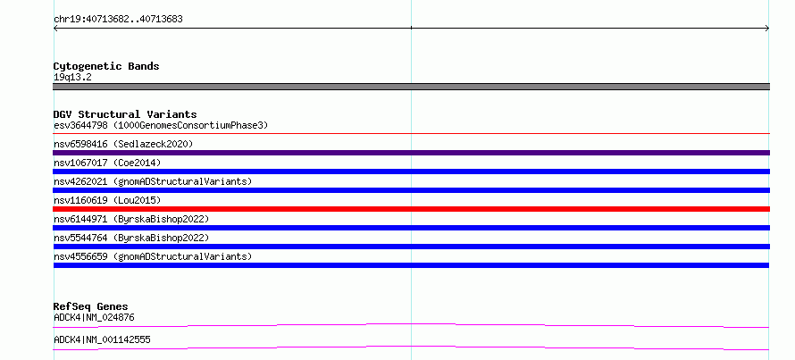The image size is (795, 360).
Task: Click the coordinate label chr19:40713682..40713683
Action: point(118,20)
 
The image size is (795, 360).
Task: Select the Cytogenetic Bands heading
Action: point(106,66)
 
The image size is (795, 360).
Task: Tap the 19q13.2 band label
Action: point(72,78)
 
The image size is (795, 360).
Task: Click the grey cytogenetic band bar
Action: point(411,87)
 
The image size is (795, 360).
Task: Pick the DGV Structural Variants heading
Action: point(125,114)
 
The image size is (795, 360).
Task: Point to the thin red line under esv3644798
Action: point(411,134)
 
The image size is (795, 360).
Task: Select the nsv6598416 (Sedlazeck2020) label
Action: point(123,144)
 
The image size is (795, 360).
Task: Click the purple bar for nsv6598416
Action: point(411,153)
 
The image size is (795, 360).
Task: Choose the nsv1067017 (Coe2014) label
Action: point(107,163)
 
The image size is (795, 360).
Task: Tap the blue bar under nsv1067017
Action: point(411,172)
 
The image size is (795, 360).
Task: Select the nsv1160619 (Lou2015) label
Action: point(107,200)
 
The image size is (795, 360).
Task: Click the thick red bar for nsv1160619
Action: point(411,209)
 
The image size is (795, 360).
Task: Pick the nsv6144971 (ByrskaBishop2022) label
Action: point(131,219)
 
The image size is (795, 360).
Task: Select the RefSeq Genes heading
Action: point(91,306)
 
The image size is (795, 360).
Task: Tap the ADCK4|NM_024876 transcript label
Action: point(94,318)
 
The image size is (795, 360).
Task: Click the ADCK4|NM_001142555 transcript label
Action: point(102,339)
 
